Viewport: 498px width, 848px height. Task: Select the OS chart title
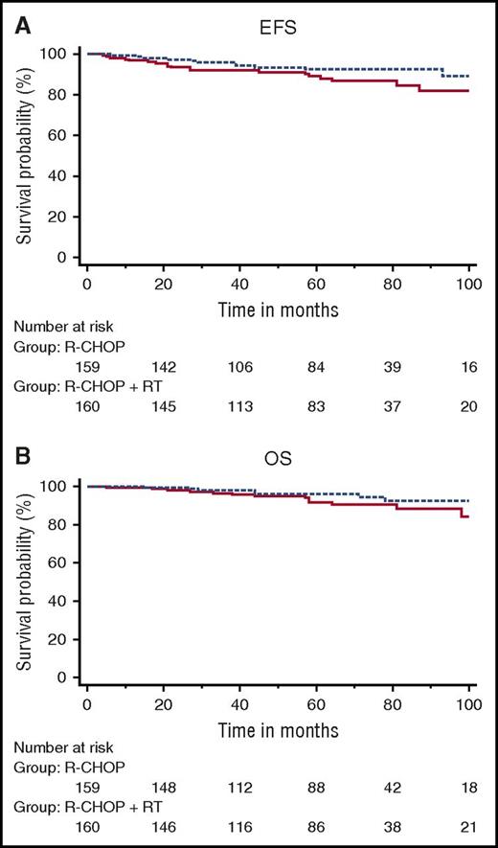click(x=278, y=452)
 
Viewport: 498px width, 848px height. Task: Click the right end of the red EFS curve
click(x=468, y=91)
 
